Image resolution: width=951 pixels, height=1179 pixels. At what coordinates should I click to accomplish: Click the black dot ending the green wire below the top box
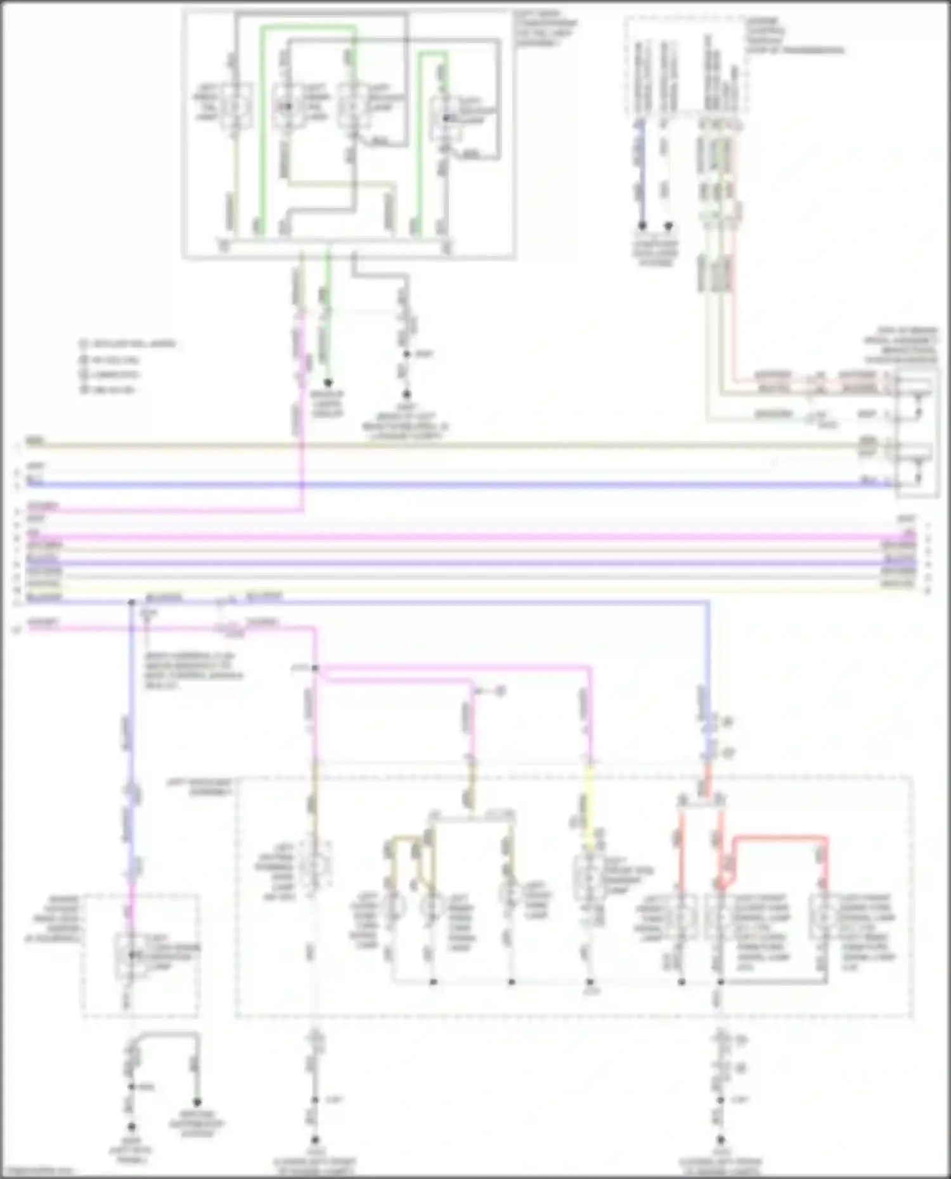pyautogui.click(x=328, y=383)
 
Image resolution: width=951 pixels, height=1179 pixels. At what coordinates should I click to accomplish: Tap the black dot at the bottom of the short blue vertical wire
pyautogui.click(x=642, y=226)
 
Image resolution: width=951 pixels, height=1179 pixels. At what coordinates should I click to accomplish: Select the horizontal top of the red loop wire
pyautogui.click(x=780, y=838)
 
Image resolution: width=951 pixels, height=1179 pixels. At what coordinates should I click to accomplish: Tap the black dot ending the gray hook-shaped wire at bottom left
pyautogui.click(x=197, y=1102)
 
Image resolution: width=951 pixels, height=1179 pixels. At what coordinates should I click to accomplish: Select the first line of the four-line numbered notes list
pyautogui.click(x=127, y=344)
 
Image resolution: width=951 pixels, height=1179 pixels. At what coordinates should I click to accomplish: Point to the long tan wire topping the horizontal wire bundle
pyautogui.click(x=444, y=445)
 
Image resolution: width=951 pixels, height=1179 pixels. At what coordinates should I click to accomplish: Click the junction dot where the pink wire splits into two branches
pyautogui.click(x=315, y=668)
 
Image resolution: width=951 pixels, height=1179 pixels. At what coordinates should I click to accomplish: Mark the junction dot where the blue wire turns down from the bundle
pyautogui.click(x=132, y=602)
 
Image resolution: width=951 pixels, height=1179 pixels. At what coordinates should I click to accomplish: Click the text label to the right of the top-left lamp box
pyautogui.click(x=545, y=29)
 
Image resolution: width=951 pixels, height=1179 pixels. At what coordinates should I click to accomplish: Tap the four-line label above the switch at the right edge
pyautogui.click(x=900, y=345)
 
